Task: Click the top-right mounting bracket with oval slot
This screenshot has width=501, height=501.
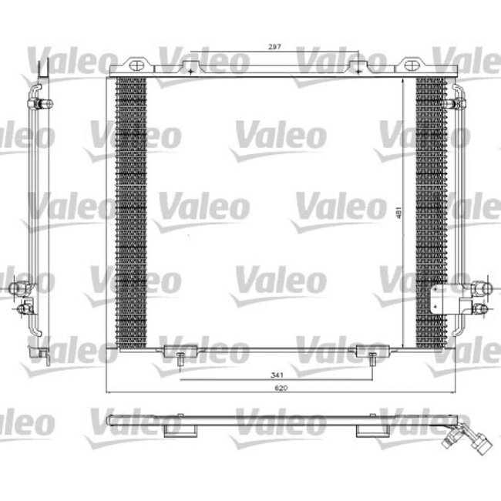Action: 356,64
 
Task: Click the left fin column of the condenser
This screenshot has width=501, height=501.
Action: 130,212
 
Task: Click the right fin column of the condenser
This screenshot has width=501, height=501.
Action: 431,212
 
